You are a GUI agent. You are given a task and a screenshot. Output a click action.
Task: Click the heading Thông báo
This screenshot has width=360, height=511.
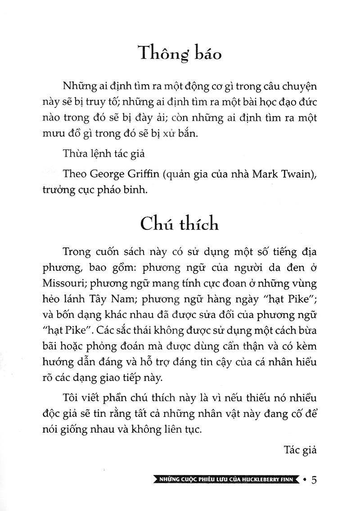pos(180,54)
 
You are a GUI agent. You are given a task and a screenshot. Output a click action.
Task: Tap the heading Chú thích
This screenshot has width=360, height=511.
pos(180,224)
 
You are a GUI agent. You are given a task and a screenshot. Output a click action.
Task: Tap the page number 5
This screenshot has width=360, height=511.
pos(315,480)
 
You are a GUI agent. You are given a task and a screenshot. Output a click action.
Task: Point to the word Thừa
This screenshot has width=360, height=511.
pos(75,154)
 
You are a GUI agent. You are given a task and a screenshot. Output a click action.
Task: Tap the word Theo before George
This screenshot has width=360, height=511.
pos(76,175)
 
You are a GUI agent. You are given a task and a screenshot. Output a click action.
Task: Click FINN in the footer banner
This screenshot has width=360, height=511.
pos(290,480)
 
